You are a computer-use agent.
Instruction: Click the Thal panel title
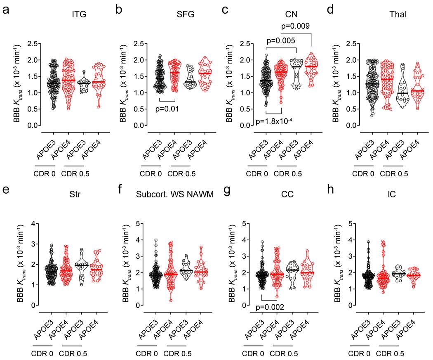pos(396,15)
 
